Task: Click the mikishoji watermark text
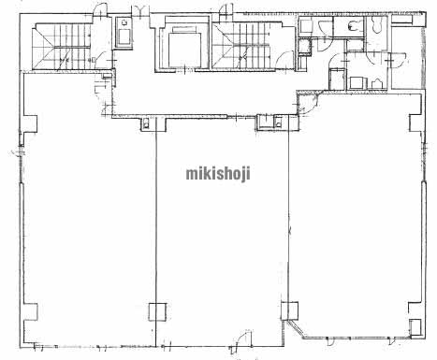click(x=218, y=174)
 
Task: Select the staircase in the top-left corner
click(x=62, y=46)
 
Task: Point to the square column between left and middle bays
click(x=157, y=311)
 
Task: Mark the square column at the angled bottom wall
click(x=290, y=310)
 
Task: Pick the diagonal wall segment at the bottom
click(x=296, y=329)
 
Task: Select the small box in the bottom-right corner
click(x=415, y=327)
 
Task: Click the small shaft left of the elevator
click(x=124, y=33)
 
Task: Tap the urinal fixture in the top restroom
click(x=352, y=27)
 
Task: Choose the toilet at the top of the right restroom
click(x=377, y=24)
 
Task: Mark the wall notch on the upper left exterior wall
click(x=30, y=124)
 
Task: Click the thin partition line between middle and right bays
click(x=289, y=217)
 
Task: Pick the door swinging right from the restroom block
click(x=399, y=60)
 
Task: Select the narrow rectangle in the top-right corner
click(x=402, y=19)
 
